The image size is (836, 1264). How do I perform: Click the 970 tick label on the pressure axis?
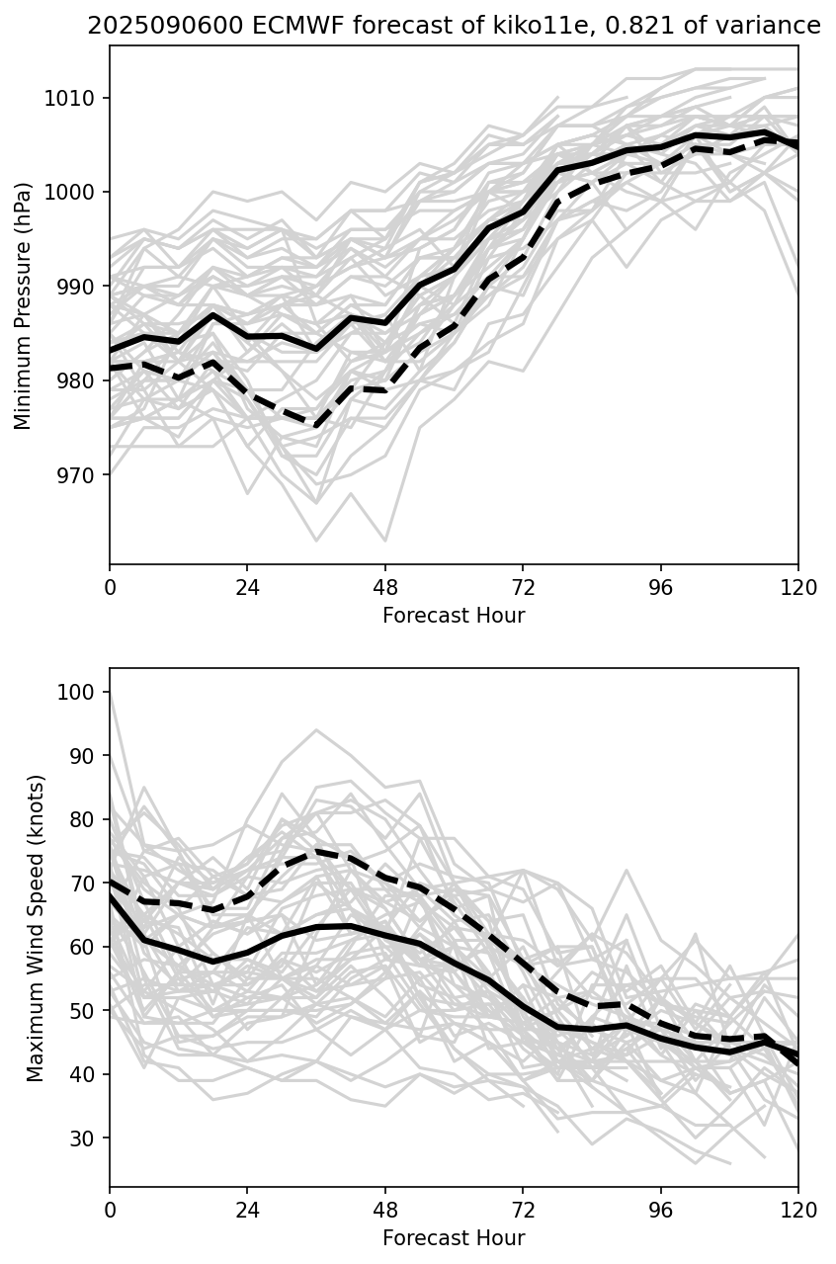tap(78, 475)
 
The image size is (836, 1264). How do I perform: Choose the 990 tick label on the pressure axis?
tap(78, 287)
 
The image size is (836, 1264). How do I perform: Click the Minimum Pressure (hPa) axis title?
tap(24, 305)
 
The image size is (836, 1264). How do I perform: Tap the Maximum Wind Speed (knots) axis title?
tap(36, 927)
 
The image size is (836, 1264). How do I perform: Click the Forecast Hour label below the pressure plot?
tap(454, 616)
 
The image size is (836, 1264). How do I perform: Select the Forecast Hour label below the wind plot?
tap(454, 1237)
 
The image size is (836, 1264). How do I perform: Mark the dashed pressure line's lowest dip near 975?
tap(316, 426)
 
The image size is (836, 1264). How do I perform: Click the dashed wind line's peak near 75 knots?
tap(316, 850)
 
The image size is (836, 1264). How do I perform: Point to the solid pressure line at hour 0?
tap(111, 351)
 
